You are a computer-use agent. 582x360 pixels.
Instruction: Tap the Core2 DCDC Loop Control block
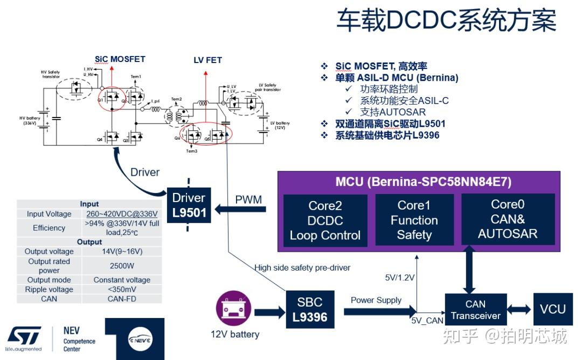click(x=325, y=220)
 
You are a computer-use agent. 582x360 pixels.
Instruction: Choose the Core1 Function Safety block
click(x=414, y=220)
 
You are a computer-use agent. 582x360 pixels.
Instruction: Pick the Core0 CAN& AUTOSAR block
click(x=507, y=219)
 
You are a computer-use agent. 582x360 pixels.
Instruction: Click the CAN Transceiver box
click(x=475, y=310)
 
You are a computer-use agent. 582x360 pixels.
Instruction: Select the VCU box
click(x=552, y=309)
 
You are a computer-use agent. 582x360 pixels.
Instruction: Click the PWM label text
click(x=248, y=200)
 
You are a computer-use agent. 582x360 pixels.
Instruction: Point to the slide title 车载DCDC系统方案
click(x=446, y=22)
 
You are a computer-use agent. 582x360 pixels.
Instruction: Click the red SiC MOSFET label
click(x=120, y=59)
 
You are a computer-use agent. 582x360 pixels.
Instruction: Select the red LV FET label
click(x=207, y=60)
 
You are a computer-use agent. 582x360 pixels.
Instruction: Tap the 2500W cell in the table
click(x=122, y=266)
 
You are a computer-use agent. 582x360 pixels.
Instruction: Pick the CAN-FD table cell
click(x=122, y=299)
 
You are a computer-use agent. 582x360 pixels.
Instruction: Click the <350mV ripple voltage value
click(x=122, y=289)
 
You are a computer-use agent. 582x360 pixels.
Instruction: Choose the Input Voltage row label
click(x=49, y=214)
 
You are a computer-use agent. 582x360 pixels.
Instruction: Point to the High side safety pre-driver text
click(x=302, y=268)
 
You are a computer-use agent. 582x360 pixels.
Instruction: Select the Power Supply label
click(x=376, y=300)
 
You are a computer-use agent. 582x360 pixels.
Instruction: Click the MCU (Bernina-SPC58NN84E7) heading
click(x=415, y=182)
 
